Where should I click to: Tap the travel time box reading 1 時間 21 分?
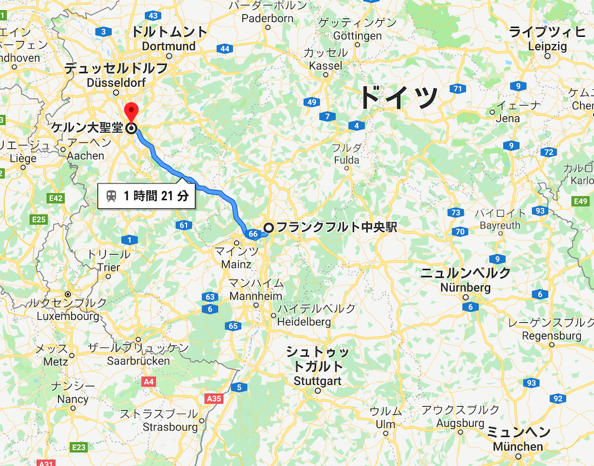(147, 196)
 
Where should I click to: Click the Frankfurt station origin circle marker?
(269, 227)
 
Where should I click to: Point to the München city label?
(518, 446)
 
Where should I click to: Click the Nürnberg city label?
(466, 288)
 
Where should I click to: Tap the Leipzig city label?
(547, 47)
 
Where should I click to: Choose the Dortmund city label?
(169, 46)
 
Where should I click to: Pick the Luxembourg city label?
(68, 316)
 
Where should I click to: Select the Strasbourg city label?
(170, 427)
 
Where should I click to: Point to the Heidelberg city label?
(304, 322)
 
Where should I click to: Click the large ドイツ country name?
(399, 97)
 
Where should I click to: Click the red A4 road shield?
(148, 382)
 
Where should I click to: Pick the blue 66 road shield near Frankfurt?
(253, 234)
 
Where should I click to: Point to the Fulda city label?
(346, 160)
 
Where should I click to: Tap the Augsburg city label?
(460, 423)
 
